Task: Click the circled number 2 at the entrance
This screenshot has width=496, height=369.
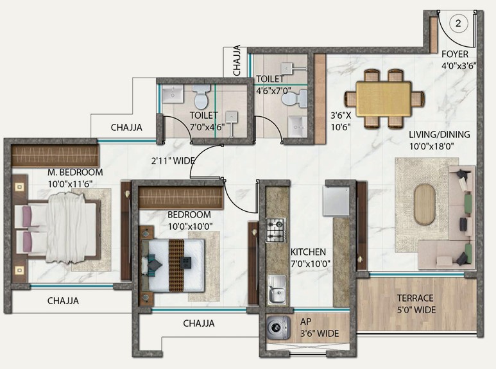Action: click(458, 23)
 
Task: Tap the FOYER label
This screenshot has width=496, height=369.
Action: click(455, 54)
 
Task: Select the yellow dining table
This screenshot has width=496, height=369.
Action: click(384, 99)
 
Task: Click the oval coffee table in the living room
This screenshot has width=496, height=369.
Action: click(425, 205)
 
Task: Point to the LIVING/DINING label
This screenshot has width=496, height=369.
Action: click(440, 135)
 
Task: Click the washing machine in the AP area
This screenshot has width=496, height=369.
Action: click(278, 327)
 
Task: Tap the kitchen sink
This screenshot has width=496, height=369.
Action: click(277, 289)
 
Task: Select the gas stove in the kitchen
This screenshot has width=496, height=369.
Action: click(276, 230)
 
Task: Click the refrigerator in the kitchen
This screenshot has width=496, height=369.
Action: click(336, 201)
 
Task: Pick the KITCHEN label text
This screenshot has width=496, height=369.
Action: click(308, 252)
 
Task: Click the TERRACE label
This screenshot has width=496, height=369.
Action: click(415, 298)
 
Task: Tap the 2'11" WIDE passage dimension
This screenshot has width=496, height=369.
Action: click(173, 161)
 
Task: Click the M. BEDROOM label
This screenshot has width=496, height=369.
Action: click(75, 172)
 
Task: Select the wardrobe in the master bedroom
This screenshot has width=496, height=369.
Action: click(55, 155)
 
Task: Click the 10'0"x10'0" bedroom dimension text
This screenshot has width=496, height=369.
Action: click(190, 227)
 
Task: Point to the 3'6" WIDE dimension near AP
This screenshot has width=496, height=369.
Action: click(320, 334)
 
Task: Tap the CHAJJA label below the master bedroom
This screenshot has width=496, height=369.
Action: click(64, 300)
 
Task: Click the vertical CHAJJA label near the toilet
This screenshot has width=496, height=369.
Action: click(237, 60)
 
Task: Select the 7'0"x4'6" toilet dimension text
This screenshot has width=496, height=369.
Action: click(207, 127)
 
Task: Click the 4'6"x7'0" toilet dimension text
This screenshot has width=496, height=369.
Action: click(273, 91)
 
